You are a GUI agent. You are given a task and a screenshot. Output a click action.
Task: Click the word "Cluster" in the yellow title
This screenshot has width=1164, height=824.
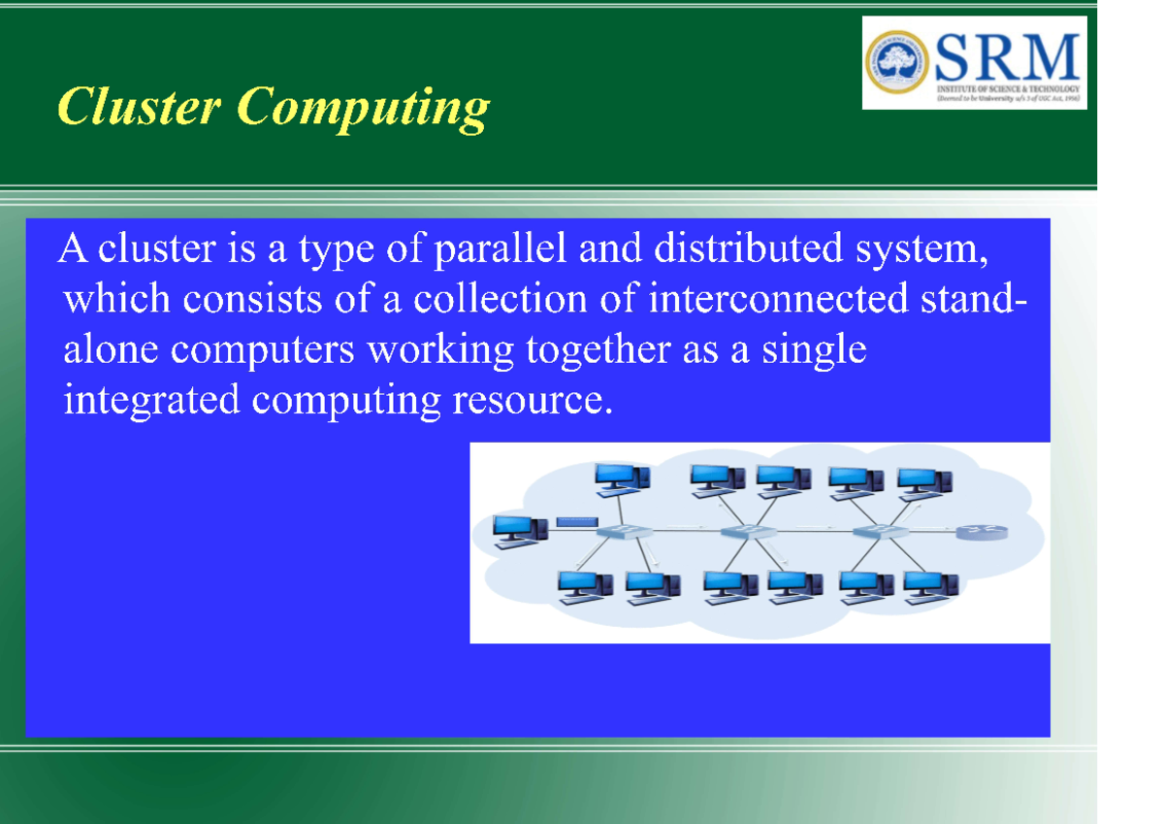(x=139, y=107)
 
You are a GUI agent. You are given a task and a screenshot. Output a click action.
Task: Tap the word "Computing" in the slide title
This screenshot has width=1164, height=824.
(x=362, y=109)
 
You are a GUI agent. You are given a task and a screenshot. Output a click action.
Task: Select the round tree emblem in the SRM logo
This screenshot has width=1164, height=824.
(x=896, y=60)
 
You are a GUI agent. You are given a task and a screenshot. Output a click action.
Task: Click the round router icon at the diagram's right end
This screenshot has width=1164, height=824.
(x=981, y=532)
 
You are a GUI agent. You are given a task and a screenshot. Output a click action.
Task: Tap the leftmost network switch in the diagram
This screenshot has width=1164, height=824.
(x=620, y=532)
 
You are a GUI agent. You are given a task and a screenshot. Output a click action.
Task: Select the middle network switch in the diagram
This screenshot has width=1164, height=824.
(x=747, y=532)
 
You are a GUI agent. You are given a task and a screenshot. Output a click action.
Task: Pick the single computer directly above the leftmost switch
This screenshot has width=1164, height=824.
(x=621, y=477)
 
